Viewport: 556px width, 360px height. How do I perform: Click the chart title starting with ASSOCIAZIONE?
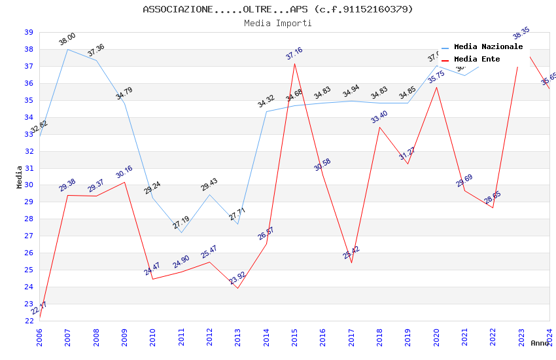pyautogui.click(x=277, y=9)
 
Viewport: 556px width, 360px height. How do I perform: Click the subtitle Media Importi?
pyautogui.click(x=277, y=23)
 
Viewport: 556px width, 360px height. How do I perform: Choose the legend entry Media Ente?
pyautogui.click(x=477, y=60)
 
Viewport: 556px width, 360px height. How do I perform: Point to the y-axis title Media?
pyautogui.click(x=19, y=177)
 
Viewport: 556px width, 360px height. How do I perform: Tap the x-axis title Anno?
pyautogui.click(x=540, y=343)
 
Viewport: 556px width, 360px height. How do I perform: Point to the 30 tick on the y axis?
pyautogui.click(x=29, y=185)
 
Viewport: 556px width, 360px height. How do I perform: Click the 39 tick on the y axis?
pyautogui.click(x=29, y=32)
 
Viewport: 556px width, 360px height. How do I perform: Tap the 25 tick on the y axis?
pyautogui.click(x=29, y=270)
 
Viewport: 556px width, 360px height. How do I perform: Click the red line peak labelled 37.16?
pyautogui.click(x=294, y=63)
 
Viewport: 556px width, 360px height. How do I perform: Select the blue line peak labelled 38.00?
pyautogui.click(x=67, y=49)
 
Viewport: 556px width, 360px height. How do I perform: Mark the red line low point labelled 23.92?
pyautogui.click(x=237, y=288)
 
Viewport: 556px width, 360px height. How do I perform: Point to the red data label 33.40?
pyautogui.click(x=379, y=117)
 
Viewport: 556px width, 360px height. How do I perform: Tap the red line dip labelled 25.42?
pyautogui.click(x=351, y=262)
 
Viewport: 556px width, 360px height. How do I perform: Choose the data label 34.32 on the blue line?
pyautogui.click(x=266, y=101)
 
